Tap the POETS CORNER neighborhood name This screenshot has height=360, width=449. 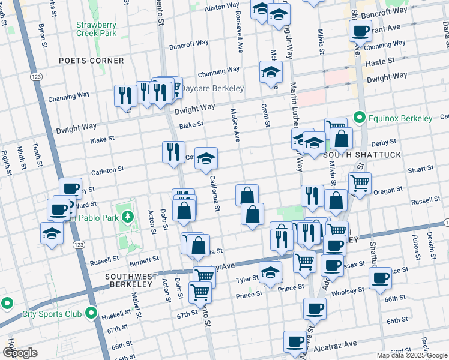pyautogui.click(x=92, y=61)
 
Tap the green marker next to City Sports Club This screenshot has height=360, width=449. pyautogui.click(x=91, y=313)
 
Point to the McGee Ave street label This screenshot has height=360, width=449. pyautogui.click(x=236, y=125)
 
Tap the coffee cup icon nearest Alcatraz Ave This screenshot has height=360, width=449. pyautogui.click(x=295, y=341)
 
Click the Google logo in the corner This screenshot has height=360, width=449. pyautogui.click(x=20, y=353)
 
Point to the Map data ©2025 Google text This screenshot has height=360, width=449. pyautogui.click(x=411, y=355)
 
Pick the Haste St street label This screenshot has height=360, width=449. pyautogui.click(x=381, y=61)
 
